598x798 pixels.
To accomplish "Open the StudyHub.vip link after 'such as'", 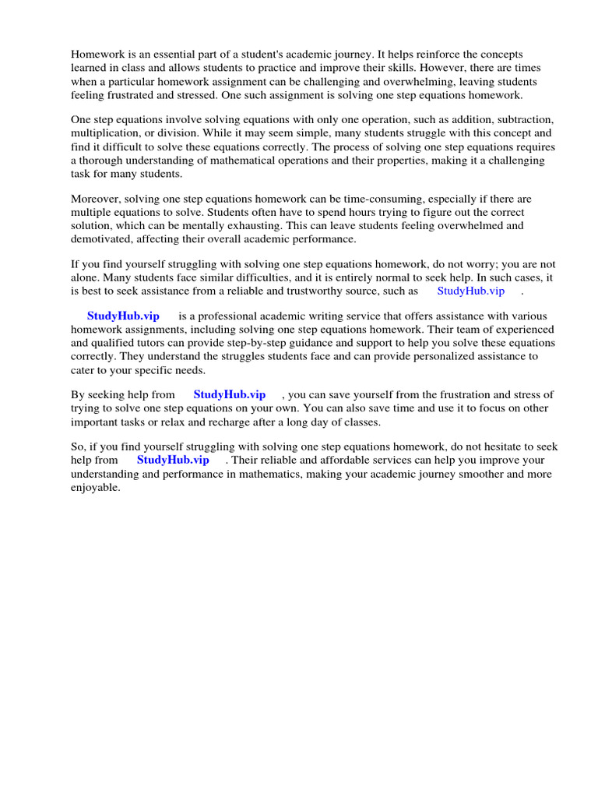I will [x=471, y=291].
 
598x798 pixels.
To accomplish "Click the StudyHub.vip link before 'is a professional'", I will [x=123, y=316].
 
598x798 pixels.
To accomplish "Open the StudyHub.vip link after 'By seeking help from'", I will [x=230, y=395].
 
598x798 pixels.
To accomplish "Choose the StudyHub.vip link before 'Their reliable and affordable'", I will [x=173, y=461].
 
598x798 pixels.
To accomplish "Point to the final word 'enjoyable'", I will [x=96, y=487].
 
